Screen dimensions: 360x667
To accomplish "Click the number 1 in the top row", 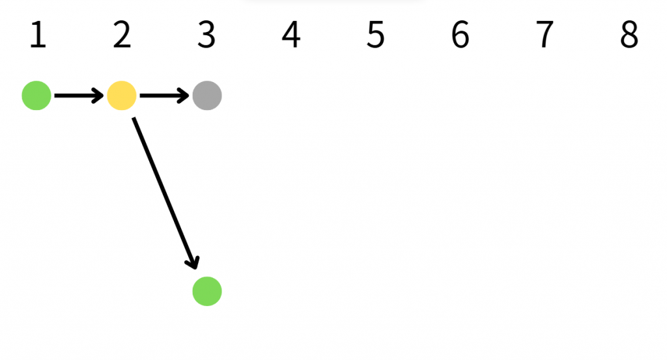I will click(38, 35).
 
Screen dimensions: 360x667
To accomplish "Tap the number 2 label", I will click(122, 35).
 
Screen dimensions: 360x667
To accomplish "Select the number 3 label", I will click(206, 35).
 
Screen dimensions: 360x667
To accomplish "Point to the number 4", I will click(291, 35).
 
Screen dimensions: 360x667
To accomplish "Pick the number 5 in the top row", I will click(375, 35).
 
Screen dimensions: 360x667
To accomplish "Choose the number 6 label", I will click(460, 35).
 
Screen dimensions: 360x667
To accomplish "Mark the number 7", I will click(545, 35).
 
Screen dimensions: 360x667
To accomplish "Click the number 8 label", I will click(629, 35).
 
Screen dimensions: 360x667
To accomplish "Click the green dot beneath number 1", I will click(36, 96).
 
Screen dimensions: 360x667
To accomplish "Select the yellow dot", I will click(122, 96).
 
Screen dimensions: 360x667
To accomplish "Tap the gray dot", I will click(207, 96).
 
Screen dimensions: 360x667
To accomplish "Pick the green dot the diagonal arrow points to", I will click(207, 291).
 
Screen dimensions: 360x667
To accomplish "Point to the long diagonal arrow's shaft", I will click(163, 192).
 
